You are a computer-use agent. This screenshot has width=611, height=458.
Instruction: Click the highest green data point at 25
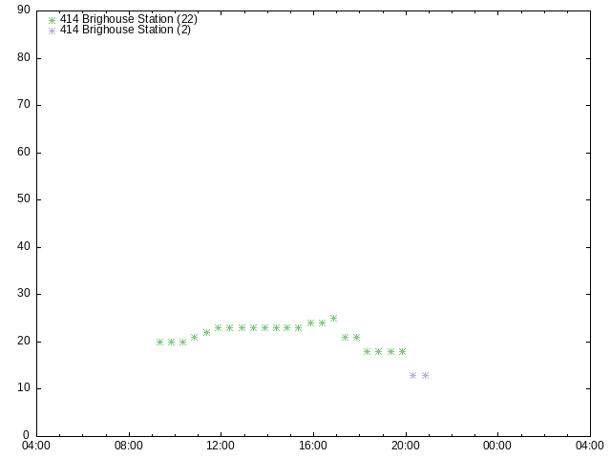tap(333, 318)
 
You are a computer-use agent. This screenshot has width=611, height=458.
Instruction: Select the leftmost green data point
tap(159, 342)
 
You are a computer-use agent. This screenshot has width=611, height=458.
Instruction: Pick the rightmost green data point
tap(403, 352)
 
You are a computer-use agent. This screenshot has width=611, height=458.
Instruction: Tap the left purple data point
tap(413, 375)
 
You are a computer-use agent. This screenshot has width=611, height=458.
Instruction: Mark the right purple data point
tap(426, 375)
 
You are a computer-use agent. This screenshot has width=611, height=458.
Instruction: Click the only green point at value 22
tap(206, 333)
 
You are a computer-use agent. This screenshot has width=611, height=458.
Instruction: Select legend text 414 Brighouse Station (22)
tap(129, 19)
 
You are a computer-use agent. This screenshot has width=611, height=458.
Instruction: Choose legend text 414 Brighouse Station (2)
tap(125, 30)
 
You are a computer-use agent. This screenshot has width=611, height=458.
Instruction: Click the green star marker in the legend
tap(52, 20)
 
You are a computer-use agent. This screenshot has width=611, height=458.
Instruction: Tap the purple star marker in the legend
tap(52, 31)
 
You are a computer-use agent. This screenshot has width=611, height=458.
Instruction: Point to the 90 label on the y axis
tap(24, 10)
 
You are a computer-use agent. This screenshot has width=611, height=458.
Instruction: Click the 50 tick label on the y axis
tap(24, 198)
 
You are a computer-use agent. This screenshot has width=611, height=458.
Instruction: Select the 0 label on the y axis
tap(26, 435)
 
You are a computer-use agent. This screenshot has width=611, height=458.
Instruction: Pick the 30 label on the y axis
tap(24, 293)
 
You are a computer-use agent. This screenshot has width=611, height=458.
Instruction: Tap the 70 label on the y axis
tap(24, 104)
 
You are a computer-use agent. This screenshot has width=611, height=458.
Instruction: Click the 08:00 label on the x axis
tap(129, 446)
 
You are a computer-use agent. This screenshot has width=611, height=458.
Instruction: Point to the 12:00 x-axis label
tap(221, 446)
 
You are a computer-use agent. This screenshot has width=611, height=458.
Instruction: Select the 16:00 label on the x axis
tap(313, 446)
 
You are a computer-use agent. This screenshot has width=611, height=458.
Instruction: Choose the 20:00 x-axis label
tap(406, 446)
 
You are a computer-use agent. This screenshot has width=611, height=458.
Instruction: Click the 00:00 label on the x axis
tap(497, 446)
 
